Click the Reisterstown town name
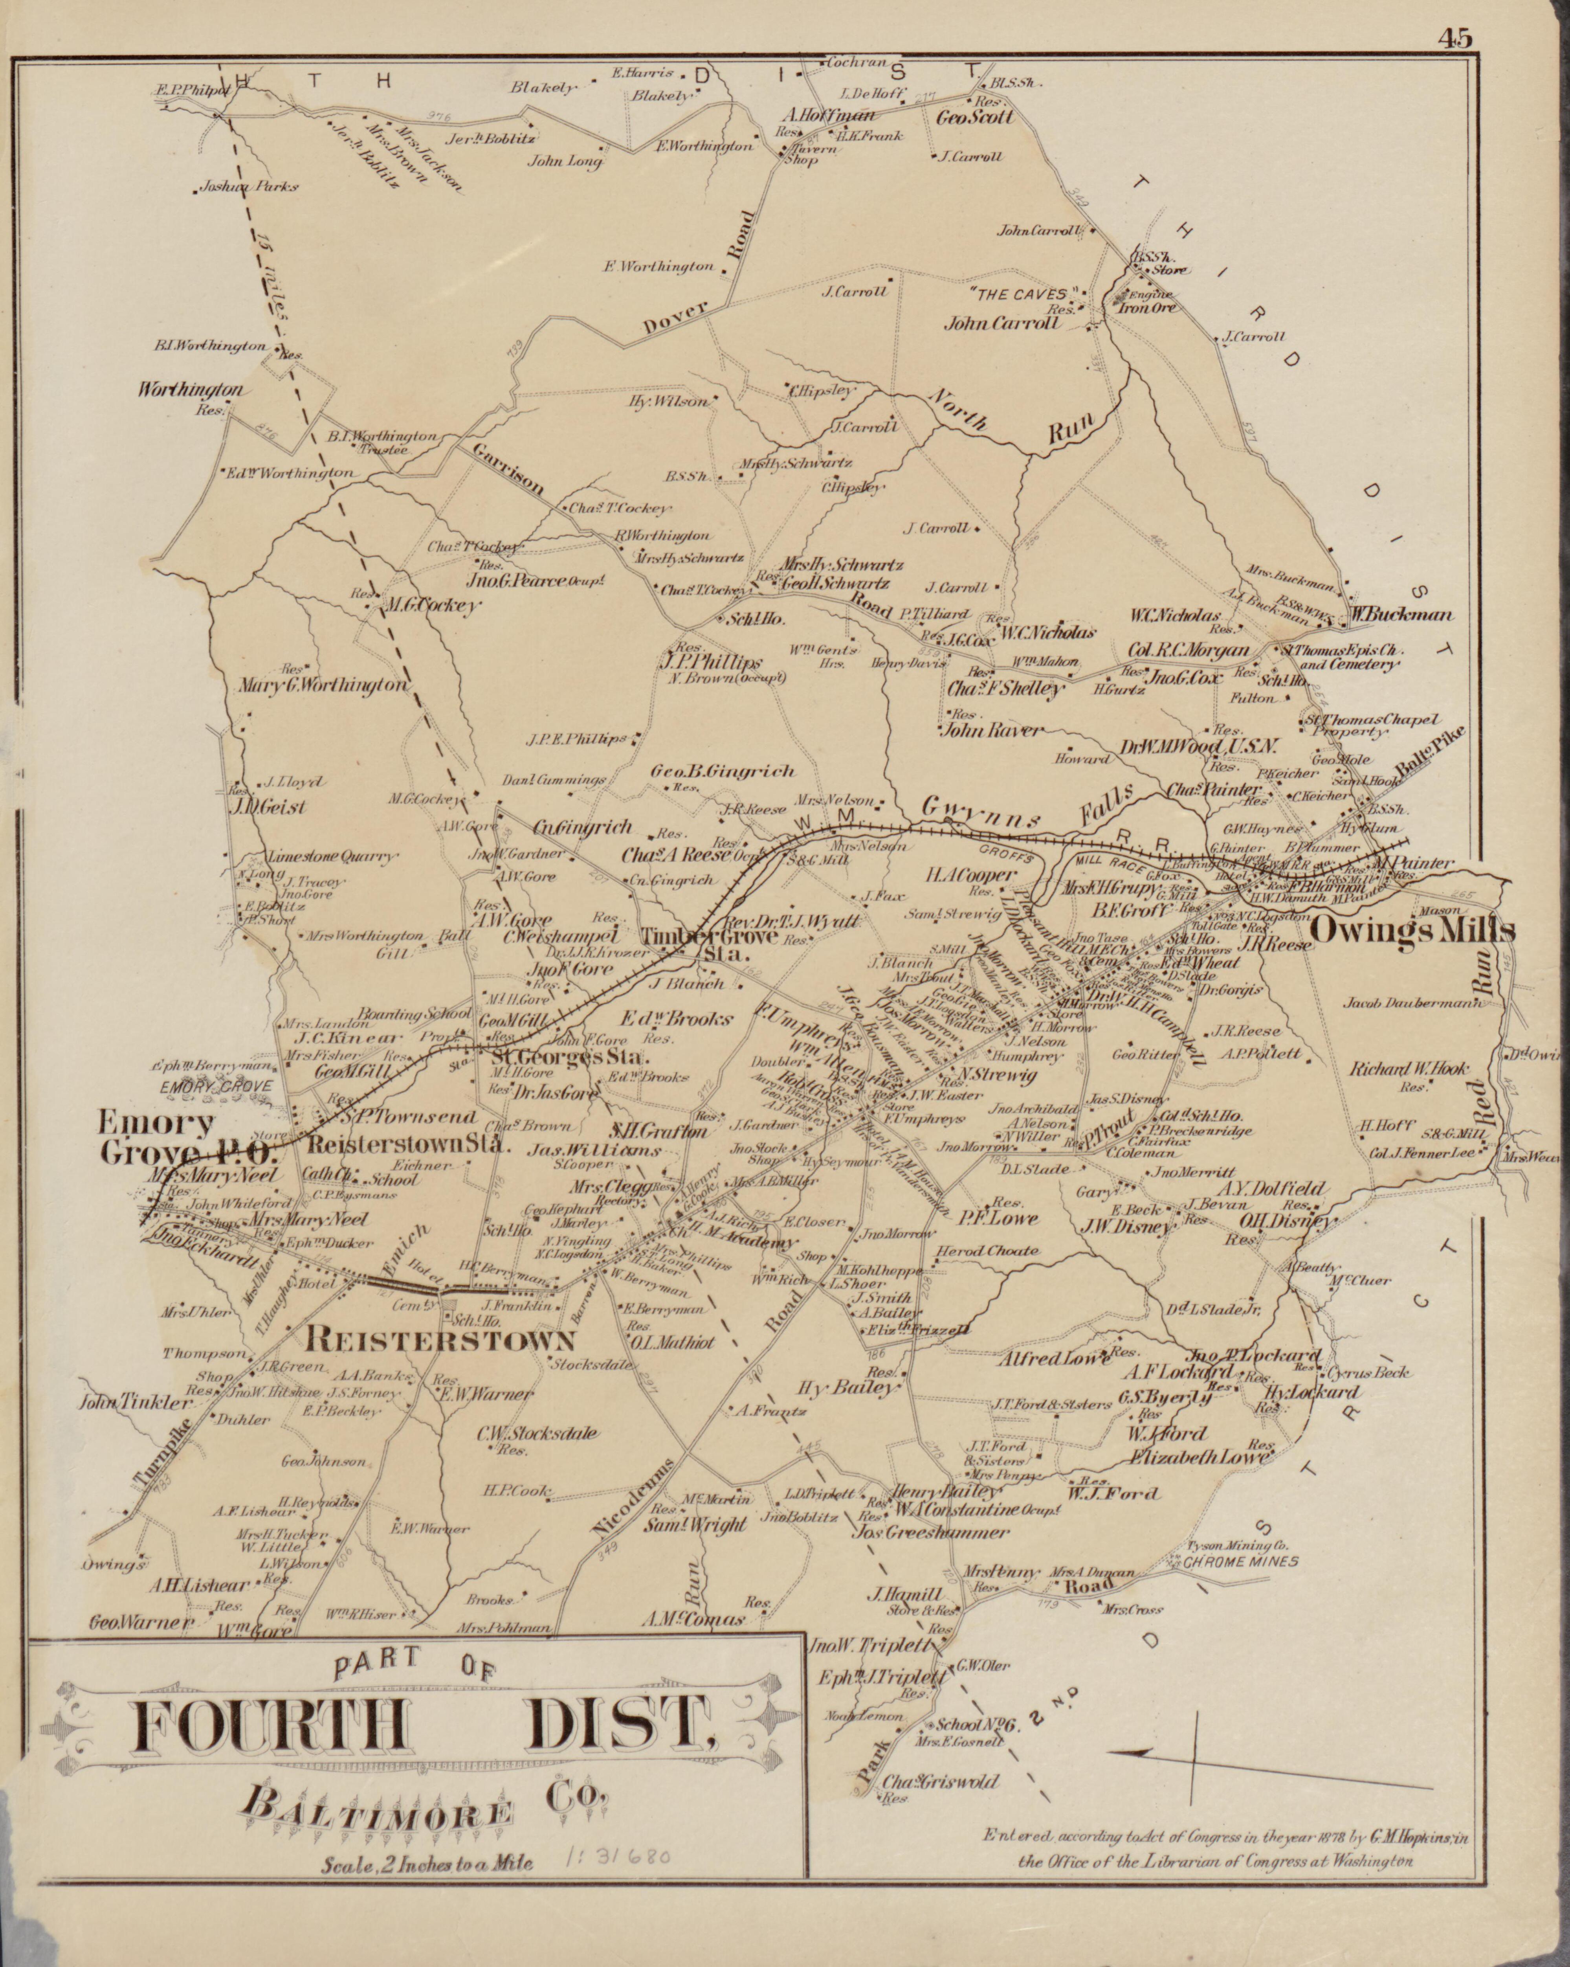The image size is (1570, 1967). (x=442, y=1339)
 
